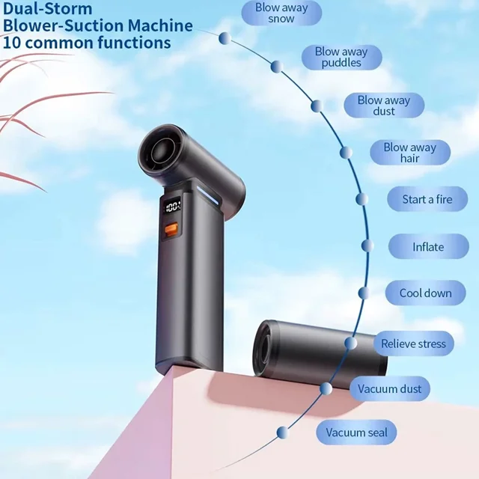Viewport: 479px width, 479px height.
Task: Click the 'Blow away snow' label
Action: coord(281,13)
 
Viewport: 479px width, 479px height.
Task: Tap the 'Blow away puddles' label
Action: coord(341,58)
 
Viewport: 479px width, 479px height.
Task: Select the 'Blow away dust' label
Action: coord(384,106)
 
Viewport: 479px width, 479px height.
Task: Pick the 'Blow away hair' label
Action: coord(410,153)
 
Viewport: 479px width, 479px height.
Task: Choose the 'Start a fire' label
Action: coord(427,200)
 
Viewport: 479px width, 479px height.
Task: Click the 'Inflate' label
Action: coord(428,247)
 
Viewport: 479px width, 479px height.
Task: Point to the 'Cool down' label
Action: coord(425,293)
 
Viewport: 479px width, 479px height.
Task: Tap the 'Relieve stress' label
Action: coord(413,344)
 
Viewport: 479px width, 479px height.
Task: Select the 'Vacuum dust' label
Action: coord(389,389)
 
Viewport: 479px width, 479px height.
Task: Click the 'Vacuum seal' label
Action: coord(356,433)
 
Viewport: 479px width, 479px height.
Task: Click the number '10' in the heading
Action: coord(12,43)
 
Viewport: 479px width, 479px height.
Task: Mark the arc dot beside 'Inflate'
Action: coord(367,245)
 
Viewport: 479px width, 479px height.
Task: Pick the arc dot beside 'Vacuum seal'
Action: coord(282,433)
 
